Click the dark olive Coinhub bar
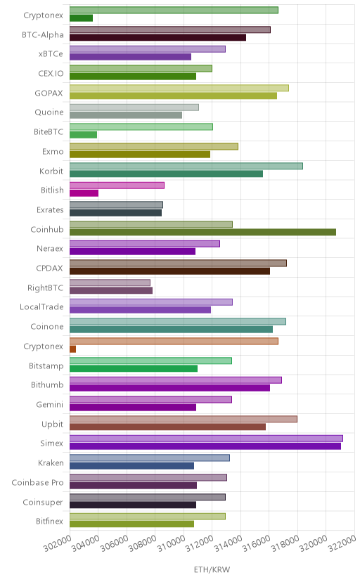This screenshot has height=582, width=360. tap(202, 232)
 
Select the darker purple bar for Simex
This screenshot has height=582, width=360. tap(205, 446)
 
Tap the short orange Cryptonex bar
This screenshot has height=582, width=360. tap(72, 349)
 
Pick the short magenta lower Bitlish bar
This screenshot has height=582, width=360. tap(84, 193)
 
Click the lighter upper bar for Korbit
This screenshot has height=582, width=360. tap(186, 166)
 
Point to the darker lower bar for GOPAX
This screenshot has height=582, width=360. tap(173, 96)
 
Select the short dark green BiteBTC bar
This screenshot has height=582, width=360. tap(83, 135)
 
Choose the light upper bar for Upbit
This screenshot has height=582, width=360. tap(184, 419)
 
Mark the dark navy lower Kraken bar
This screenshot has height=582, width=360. tap(131, 466)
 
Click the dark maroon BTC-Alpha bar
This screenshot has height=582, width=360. tap(157, 37)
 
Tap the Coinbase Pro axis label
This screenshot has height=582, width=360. tap(37, 482)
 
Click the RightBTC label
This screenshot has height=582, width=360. tap(45, 287)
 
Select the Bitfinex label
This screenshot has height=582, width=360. tap(49, 521)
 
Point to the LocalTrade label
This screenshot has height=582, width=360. tap(41, 306)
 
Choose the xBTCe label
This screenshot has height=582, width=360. tap(51, 54)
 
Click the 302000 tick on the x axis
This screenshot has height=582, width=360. tap(58, 543)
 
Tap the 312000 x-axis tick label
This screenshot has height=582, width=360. tap(200, 543)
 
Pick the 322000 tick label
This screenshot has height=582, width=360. tap(342, 543)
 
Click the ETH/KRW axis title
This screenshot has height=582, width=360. tap(212, 569)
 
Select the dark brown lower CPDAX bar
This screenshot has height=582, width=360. tap(169, 271)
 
